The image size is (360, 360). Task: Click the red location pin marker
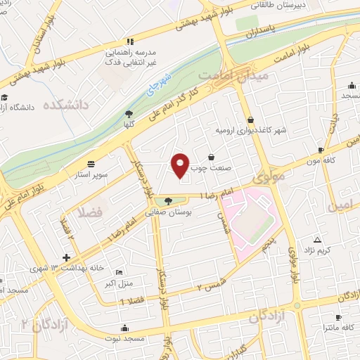point(181,165)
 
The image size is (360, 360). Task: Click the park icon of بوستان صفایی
point(167,202)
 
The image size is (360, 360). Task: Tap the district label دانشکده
point(67,105)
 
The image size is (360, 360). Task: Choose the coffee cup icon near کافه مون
point(321,150)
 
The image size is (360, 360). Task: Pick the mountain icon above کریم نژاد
point(317,240)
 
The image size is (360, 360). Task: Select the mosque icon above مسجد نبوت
point(126,327)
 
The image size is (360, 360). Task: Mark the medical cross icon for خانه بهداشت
point(67,257)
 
